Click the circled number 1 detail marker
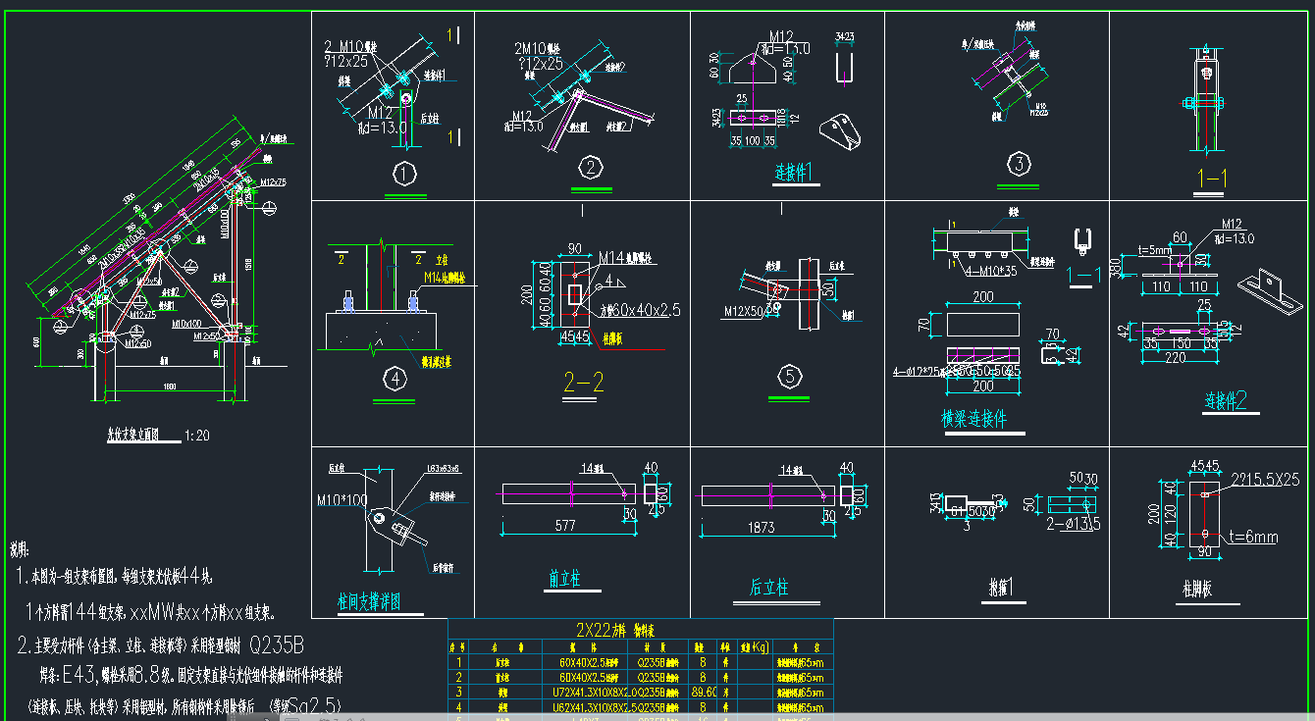coord(403,174)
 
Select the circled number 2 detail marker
coord(590,168)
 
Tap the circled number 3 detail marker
coord(1019,164)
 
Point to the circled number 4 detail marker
coord(394,380)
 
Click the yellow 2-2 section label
coord(583,383)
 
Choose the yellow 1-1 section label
coord(1214,178)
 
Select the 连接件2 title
coord(1226,400)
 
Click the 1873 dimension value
coord(762,528)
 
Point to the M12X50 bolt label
coord(744,311)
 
